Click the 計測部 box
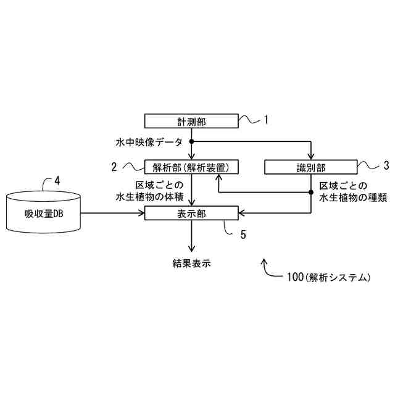(191, 120)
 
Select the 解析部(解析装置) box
(191, 167)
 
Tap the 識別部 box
(310, 167)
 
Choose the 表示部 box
(191, 214)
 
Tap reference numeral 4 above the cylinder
(57, 181)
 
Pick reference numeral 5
(243, 235)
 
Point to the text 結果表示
(191, 262)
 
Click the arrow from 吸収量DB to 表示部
(111, 214)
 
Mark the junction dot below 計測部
(191, 142)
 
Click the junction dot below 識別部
(310, 193)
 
